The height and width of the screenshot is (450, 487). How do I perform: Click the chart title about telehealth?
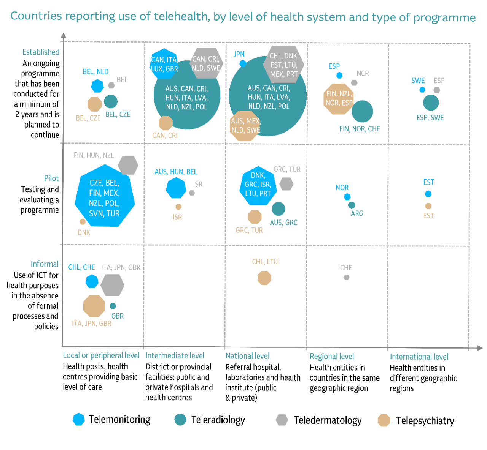click(x=243, y=17)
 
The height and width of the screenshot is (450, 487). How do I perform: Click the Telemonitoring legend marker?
click(x=79, y=419)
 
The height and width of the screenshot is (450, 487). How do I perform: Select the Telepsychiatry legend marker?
click(x=384, y=420)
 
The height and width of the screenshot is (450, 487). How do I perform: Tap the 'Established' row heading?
click(x=41, y=52)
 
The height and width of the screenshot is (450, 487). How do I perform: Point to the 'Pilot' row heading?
click(x=51, y=178)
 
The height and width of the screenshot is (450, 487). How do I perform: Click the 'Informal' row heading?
click(x=45, y=264)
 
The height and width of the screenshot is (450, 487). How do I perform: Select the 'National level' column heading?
click(x=247, y=356)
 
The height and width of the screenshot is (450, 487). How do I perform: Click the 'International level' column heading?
click(x=419, y=357)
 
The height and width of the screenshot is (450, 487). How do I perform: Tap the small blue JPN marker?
click(x=243, y=63)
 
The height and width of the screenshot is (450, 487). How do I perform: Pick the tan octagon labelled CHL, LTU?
click(x=264, y=278)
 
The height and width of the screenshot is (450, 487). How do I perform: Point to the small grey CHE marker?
click(x=346, y=277)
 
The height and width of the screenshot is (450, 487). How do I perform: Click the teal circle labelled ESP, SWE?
click(x=431, y=103)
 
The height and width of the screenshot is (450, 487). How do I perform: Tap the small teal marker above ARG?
click(x=352, y=205)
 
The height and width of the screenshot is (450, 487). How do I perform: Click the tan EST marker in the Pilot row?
click(x=428, y=206)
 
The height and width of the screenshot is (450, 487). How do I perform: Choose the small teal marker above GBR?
click(x=113, y=306)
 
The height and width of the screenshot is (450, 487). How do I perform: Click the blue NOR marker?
click(x=347, y=197)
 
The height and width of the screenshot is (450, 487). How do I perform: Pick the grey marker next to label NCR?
click(x=354, y=82)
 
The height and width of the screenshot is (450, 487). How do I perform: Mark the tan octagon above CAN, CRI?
click(x=166, y=123)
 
